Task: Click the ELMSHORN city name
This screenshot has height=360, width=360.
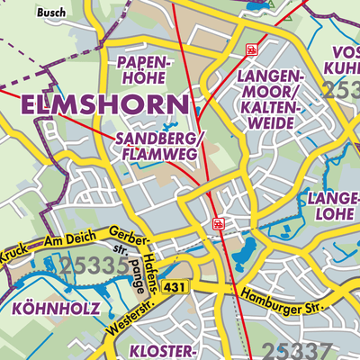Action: click(x=104, y=104)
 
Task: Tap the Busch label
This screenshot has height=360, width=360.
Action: click(x=51, y=13)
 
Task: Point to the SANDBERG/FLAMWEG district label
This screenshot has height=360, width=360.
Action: click(x=161, y=146)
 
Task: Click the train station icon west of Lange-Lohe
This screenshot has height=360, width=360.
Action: click(x=217, y=222)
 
